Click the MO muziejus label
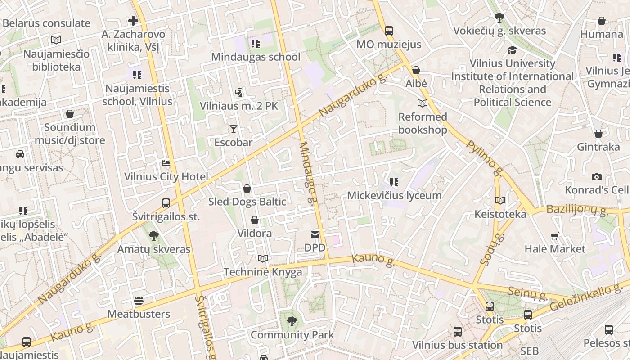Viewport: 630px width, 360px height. pos(389,44)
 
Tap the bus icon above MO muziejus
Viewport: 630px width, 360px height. pos(389,31)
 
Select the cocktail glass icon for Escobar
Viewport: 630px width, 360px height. pos(233,130)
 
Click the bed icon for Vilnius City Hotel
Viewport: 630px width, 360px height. pos(166,163)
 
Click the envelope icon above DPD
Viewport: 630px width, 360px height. pos(315,235)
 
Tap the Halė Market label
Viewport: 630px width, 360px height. pos(555,249)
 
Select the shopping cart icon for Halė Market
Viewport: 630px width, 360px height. pos(555,236)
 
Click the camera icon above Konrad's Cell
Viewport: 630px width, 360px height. pos(597,177)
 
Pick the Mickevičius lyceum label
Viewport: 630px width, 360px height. pos(394,196)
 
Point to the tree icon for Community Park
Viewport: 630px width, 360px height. pos(292,321)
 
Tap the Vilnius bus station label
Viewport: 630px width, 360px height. pos(458,345)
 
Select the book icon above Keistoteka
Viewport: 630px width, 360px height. pos(500,201)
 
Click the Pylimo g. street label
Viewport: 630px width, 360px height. pos(484,157)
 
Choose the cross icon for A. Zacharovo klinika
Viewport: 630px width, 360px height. pos(133,21)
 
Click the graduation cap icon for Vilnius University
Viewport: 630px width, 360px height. pos(512,50)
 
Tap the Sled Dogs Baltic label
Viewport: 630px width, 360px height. pos(247,202)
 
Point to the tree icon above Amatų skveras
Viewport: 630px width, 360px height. pos(154,235)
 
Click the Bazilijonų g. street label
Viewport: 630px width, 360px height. pos(577,210)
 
